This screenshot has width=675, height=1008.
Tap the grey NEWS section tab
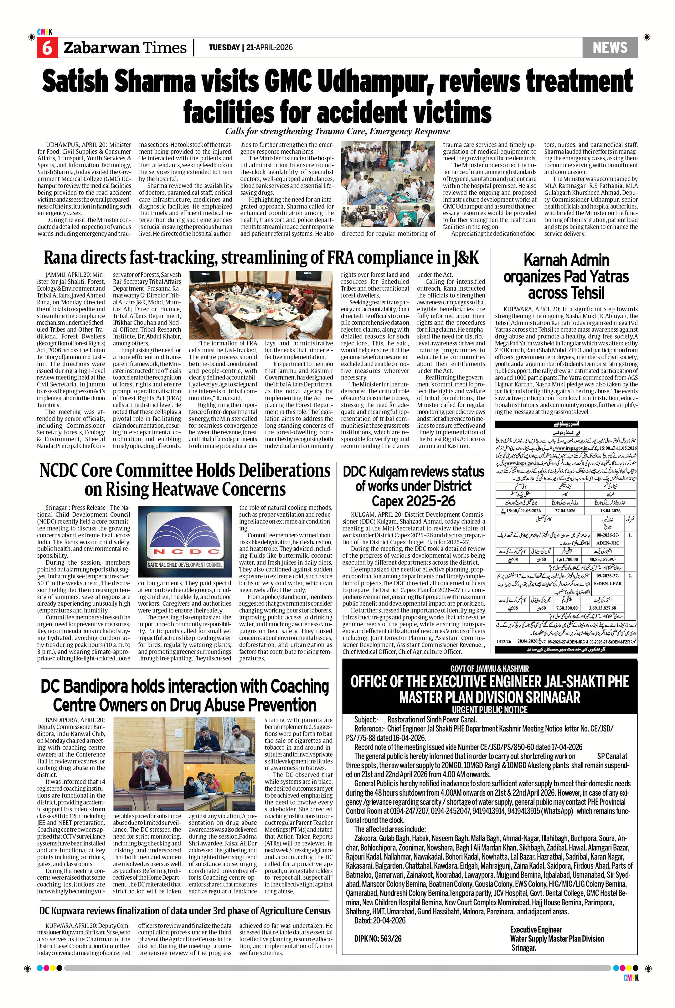tap(610, 47)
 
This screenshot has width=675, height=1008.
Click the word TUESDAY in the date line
tap(224, 47)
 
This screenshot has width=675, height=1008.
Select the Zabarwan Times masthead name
tap(125, 48)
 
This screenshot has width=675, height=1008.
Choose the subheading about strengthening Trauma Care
tap(337, 131)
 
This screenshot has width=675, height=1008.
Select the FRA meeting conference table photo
tap(261, 305)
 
